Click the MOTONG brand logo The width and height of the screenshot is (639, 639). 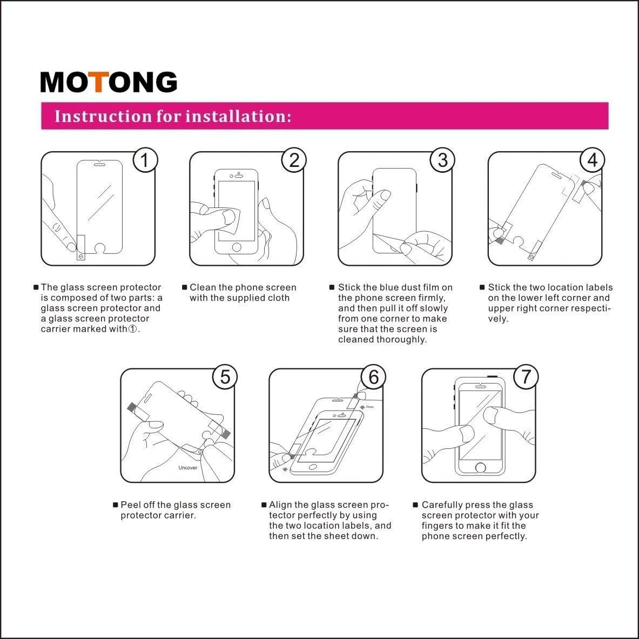(109, 82)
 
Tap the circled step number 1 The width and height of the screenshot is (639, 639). (144, 160)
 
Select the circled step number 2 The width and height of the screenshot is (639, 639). (294, 160)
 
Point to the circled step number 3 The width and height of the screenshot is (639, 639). (442, 160)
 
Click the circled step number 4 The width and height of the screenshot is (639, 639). (593, 160)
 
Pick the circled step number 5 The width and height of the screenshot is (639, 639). (224, 376)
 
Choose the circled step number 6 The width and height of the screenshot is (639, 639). (373, 376)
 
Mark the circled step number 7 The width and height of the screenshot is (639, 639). (526, 376)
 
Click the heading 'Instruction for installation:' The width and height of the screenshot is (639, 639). (173, 116)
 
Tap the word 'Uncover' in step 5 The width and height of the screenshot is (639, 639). (188, 468)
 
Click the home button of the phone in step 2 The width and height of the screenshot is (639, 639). (236, 247)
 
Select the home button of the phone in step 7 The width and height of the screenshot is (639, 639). (479, 467)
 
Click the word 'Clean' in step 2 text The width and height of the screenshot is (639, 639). (203, 287)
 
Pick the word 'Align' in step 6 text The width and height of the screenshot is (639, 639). (280, 505)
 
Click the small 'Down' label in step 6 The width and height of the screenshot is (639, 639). (370, 407)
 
